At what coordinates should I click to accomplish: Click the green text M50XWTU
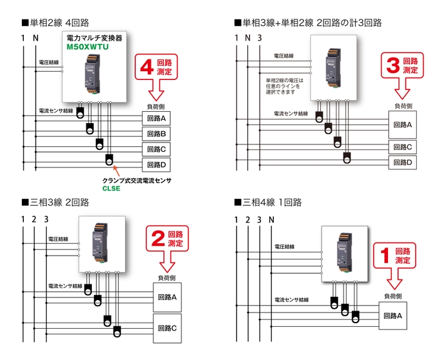click(x=89, y=47)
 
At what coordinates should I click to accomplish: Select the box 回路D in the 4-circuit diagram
click(x=156, y=165)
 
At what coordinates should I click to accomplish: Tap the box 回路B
click(x=156, y=134)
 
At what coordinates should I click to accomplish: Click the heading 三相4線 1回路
click(x=268, y=202)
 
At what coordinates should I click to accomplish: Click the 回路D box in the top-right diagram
click(x=402, y=162)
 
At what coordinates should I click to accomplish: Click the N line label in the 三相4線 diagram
click(x=271, y=219)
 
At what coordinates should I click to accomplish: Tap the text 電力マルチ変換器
click(x=94, y=38)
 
